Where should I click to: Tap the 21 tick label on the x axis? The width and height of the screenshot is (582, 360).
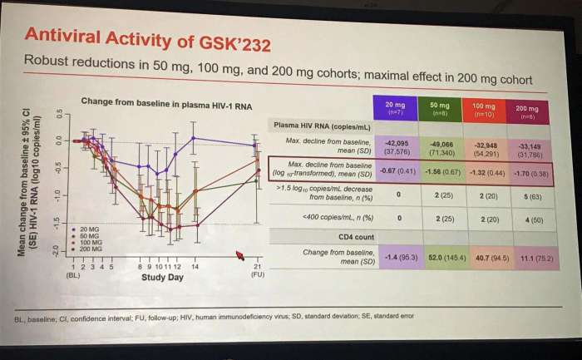click(x=257, y=266)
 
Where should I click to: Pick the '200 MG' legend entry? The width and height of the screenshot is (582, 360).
click(x=89, y=249)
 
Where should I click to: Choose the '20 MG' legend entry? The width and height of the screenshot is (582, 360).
click(x=87, y=227)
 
